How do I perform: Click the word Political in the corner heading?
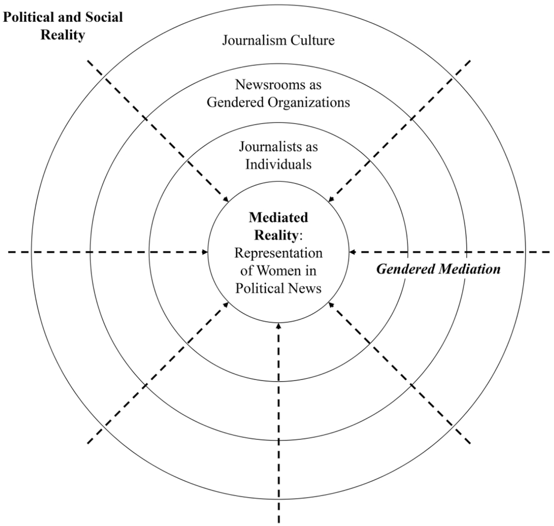pyautogui.click(x=28, y=17)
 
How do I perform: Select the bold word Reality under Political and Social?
pyautogui.click(x=63, y=35)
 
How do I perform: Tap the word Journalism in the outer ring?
pyautogui.click(x=255, y=40)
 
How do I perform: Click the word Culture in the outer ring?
pyautogui.click(x=313, y=40)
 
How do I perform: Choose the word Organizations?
pyautogui.click(x=309, y=102)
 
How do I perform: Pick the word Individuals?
pyautogui.click(x=278, y=165)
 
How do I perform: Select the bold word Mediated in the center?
pyautogui.click(x=278, y=217)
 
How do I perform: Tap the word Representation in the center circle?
pyautogui.click(x=278, y=253)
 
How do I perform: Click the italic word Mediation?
pyautogui.click(x=470, y=269)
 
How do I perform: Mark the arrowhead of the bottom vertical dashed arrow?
pyautogui.click(x=279, y=326)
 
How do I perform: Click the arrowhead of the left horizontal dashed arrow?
pyautogui.click(x=205, y=252)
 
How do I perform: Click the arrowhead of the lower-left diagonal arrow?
pyautogui.click(x=226, y=304)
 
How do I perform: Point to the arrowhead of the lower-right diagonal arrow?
pyautogui.click(x=331, y=304)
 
